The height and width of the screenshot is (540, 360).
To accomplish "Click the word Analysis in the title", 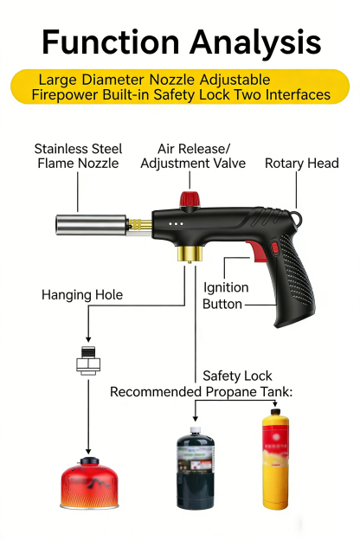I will click(252, 42).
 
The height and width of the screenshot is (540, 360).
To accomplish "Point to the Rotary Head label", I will click(301, 163).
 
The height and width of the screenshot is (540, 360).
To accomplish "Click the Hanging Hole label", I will click(82, 295).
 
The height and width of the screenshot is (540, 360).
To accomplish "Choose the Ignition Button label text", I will click(225, 296).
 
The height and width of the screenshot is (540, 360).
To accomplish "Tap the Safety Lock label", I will click(237, 376).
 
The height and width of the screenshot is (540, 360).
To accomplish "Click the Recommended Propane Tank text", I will click(201, 392).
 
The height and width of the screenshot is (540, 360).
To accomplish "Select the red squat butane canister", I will click(88, 485).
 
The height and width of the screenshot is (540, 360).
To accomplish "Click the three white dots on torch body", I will click(176, 222).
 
